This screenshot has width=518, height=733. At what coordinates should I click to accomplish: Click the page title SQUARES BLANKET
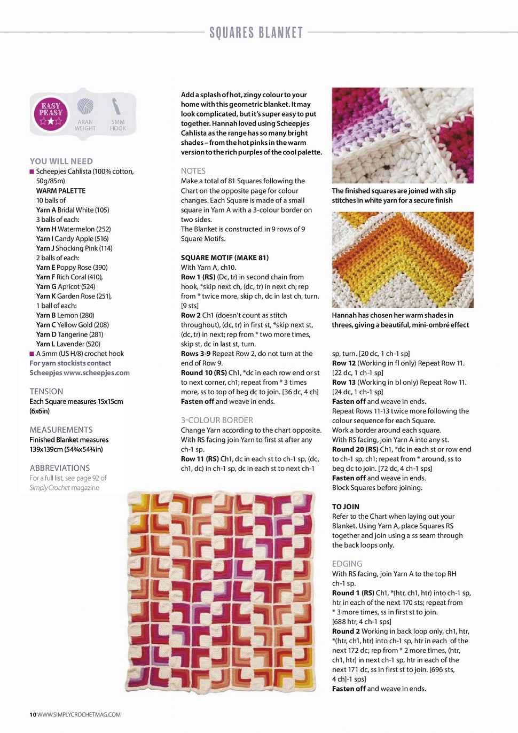[256, 33]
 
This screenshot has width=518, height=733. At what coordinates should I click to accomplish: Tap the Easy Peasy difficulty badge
[51, 114]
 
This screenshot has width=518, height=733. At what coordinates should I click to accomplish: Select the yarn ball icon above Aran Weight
[85, 107]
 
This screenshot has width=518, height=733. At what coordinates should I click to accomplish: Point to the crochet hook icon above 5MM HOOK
[117, 106]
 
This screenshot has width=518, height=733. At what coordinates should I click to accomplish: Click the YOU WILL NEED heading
[61, 161]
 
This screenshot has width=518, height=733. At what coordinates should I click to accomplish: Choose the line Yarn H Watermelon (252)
[73, 229]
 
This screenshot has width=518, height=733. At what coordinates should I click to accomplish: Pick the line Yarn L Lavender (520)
[68, 344]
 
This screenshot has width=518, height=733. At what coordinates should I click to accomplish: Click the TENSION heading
[46, 392]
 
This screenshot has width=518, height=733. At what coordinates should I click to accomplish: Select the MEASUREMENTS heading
[61, 430]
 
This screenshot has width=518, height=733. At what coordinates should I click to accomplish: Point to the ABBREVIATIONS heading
[60, 468]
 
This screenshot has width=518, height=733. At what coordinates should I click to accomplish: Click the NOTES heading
[193, 171]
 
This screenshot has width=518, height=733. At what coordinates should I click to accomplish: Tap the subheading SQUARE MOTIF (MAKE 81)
[225, 258]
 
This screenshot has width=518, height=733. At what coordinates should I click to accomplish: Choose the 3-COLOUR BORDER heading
[217, 420]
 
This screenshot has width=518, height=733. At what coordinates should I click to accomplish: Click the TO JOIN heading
[346, 507]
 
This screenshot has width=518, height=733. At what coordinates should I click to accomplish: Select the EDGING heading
[347, 564]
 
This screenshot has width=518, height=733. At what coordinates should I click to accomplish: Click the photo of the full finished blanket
[224, 591]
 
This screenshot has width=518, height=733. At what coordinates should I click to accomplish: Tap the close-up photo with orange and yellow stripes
[403, 260]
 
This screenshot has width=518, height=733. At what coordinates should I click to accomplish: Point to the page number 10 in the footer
[33, 715]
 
